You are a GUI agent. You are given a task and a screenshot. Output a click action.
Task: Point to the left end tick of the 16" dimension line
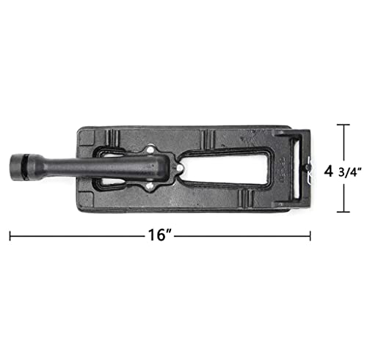pos(10,236)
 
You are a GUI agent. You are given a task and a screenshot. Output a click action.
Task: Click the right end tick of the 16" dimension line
pos(311,236)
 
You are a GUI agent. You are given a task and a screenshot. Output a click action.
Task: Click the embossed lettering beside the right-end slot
pos(283,171)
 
